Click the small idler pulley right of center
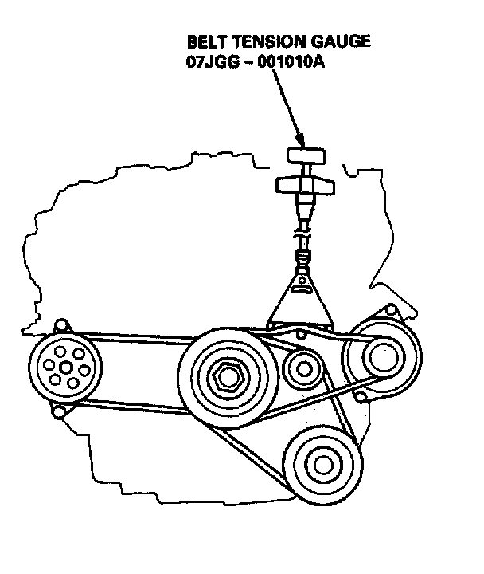coord(302,368)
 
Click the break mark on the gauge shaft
coord(302,235)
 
